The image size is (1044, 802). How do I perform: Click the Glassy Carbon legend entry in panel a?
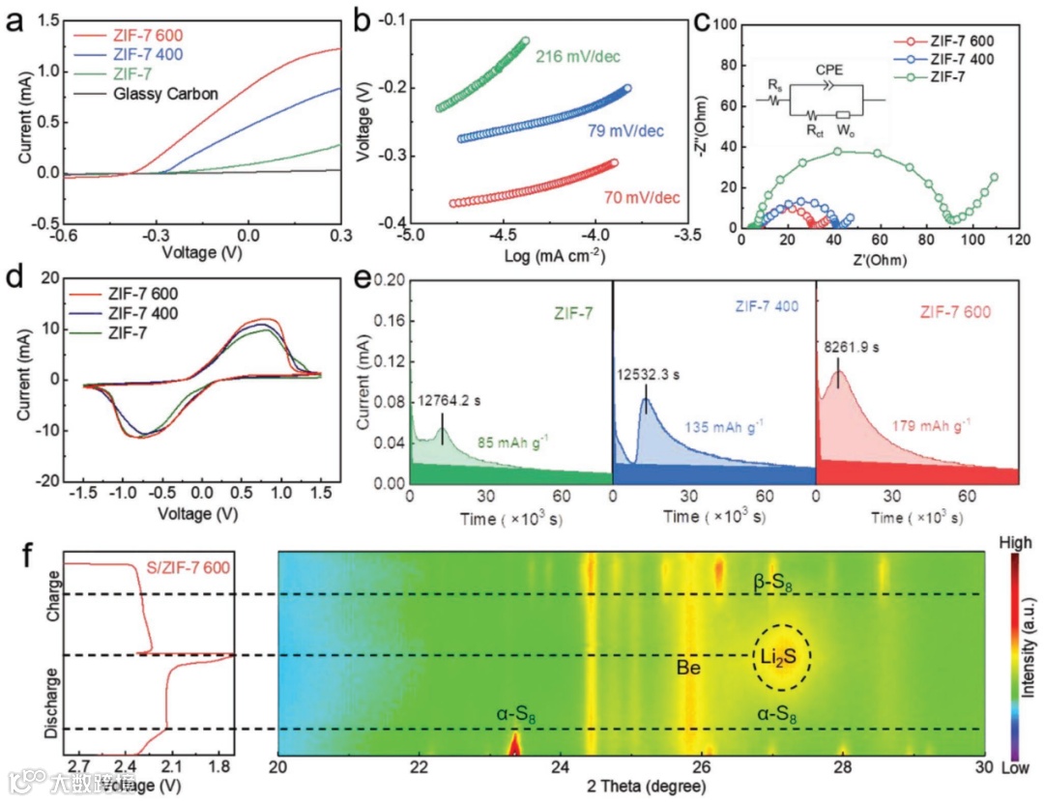[x=164, y=94]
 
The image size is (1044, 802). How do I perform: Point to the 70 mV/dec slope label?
[x=641, y=198]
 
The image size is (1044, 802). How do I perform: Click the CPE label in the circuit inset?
[x=828, y=71]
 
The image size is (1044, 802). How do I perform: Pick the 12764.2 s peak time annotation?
[x=455, y=400]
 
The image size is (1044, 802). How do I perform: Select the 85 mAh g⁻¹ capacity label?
[x=513, y=443]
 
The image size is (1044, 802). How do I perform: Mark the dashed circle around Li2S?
[x=782, y=656]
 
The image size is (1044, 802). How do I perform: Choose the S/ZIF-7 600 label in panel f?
[x=188, y=567]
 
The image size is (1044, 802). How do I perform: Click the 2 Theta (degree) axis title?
[x=632, y=788]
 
